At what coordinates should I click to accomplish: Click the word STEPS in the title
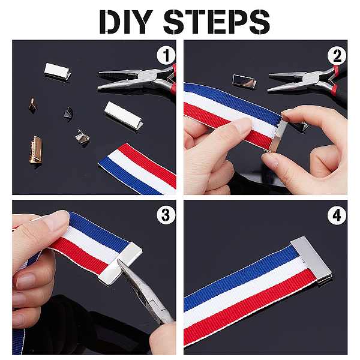[217, 22]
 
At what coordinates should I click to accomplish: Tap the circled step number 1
[166, 55]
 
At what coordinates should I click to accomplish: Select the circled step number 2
[337, 56]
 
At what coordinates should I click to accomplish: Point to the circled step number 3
[166, 215]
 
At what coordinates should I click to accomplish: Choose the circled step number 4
[337, 215]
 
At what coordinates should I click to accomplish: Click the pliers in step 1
[138, 79]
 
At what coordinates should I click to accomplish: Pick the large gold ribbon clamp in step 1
[35, 149]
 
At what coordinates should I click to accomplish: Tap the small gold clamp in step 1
[32, 106]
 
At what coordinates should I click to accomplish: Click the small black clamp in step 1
[68, 112]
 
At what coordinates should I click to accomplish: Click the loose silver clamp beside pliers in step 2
[244, 82]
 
